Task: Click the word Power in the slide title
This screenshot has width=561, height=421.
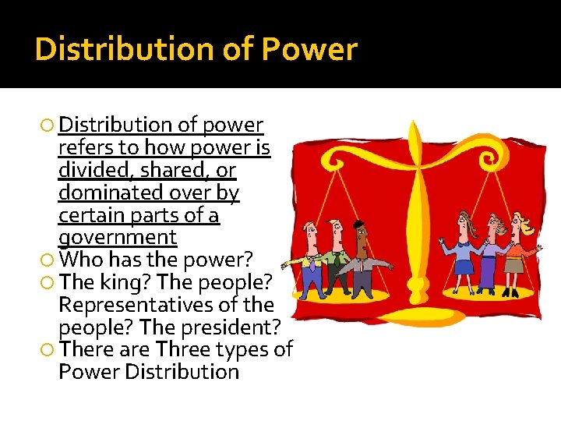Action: [x=309, y=50]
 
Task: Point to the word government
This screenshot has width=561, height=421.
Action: [x=118, y=237]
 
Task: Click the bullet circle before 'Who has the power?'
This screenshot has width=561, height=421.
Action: [x=49, y=260]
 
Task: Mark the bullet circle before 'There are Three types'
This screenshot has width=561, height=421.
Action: [x=49, y=349]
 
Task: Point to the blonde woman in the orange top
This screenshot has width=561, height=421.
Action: [x=515, y=253]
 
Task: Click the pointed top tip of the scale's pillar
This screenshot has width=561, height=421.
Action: [x=414, y=124]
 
